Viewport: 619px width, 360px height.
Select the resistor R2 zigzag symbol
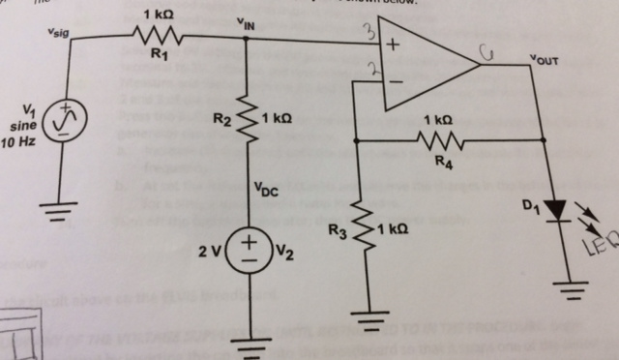[x=247, y=120]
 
